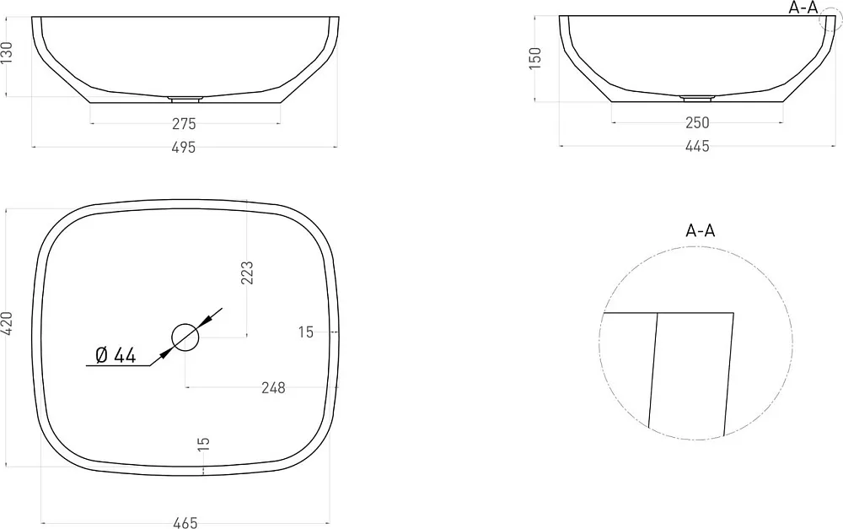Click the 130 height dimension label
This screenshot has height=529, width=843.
click(7, 53)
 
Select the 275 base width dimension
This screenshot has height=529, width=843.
click(184, 124)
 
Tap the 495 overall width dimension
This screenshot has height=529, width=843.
click(184, 147)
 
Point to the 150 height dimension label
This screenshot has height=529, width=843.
click(535, 58)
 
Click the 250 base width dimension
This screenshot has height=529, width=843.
click(697, 122)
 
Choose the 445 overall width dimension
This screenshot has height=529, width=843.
click(697, 146)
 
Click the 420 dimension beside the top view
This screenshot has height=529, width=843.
click(7, 323)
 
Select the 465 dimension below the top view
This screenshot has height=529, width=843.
click(185, 522)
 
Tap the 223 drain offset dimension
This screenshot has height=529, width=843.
click(247, 273)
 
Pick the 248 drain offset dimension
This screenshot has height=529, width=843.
click(273, 387)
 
